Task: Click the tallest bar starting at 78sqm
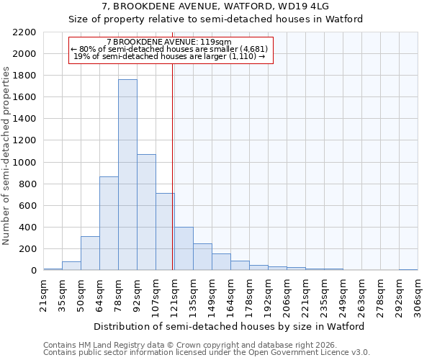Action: pos(127,175)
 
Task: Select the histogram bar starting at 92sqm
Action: pos(146,212)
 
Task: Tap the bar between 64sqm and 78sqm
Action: pos(109,223)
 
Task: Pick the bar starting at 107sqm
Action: pos(165,232)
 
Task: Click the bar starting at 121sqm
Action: pos(184,249)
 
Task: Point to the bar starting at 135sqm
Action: pos(202,257)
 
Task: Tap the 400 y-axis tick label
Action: pos(28,228)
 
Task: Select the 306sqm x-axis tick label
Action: pos(418,294)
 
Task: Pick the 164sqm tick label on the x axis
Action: pos(230,294)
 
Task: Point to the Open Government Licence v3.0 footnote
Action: pos(207,353)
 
